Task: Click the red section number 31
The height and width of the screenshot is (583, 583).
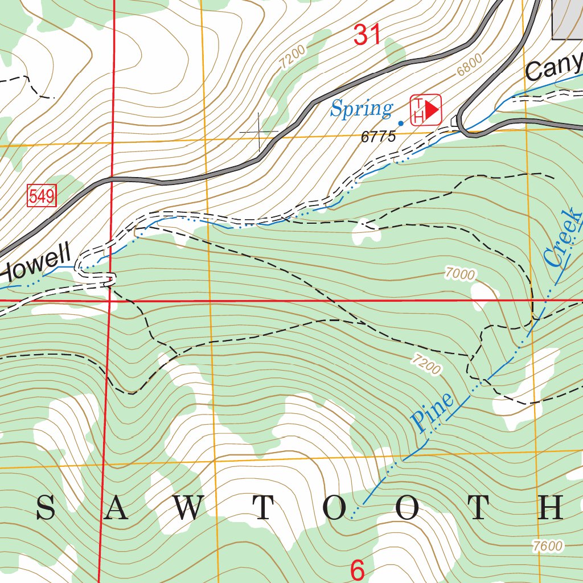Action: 367,35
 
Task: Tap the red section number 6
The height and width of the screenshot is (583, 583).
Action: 357,570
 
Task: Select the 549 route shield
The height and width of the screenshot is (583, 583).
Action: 42,197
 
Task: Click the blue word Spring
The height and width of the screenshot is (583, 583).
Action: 362,108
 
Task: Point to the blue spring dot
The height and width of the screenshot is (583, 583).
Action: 401,123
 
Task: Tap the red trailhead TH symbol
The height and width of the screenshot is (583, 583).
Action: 426,109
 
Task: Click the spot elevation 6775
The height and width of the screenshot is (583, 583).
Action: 378,137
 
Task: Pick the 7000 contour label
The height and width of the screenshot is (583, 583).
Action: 460,274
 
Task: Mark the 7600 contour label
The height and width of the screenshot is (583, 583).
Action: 548,545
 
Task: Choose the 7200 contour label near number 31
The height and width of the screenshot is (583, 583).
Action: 293,57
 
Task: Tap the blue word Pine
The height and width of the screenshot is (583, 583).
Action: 433,411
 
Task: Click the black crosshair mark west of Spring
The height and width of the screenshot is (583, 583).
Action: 259,133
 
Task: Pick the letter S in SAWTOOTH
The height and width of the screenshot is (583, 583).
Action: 46,508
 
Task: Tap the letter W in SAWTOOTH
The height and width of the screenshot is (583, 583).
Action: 187,508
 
